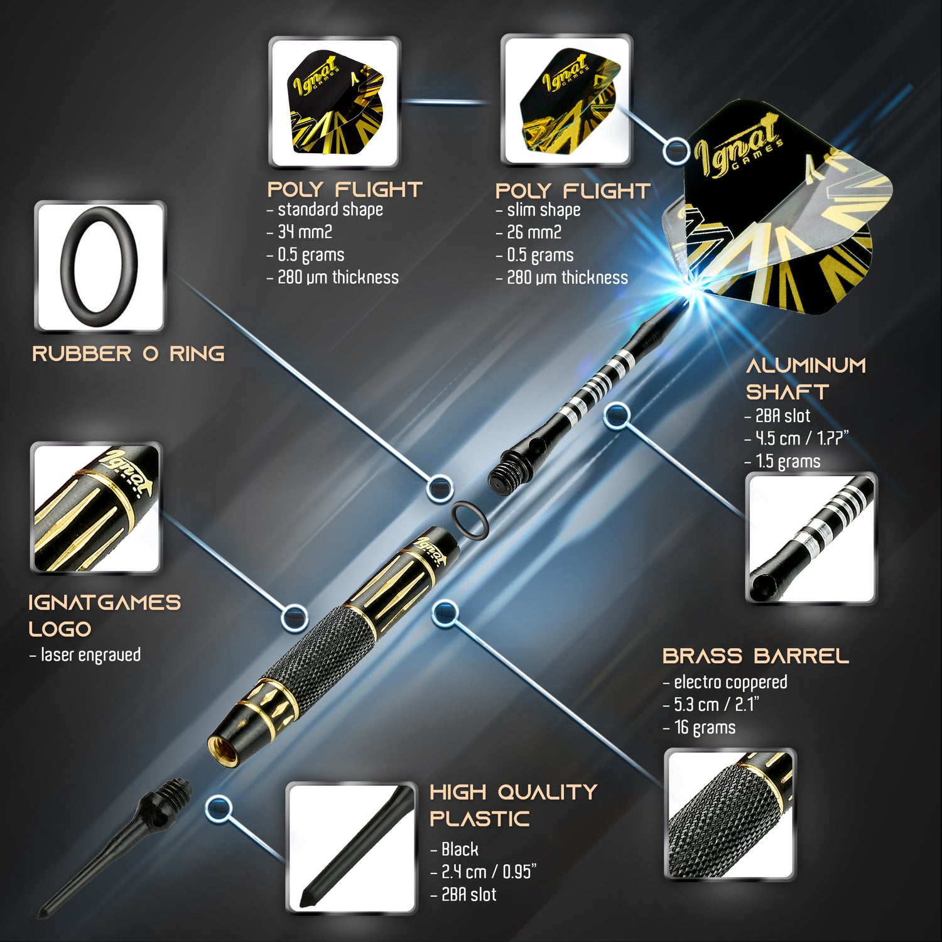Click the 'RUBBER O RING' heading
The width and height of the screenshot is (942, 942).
(x=128, y=354)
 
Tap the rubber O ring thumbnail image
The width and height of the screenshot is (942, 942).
(x=100, y=266)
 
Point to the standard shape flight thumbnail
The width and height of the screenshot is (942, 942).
(x=334, y=102)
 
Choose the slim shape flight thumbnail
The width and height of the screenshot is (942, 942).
(x=566, y=100)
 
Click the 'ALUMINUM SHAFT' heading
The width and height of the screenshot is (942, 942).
(x=806, y=378)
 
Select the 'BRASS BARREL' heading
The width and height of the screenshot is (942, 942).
(x=755, y=656)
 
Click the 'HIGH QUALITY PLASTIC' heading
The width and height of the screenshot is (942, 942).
(x=513, y=805)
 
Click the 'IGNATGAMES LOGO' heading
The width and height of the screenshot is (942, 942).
(x=104, y=615)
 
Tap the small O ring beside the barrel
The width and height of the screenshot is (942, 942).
(x=471, y=521)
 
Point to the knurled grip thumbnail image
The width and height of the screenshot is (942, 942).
(x=730, y=814)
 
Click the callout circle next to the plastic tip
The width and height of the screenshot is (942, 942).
(x=219, y=808)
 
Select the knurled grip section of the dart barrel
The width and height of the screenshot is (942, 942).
(x=314, y=647)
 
